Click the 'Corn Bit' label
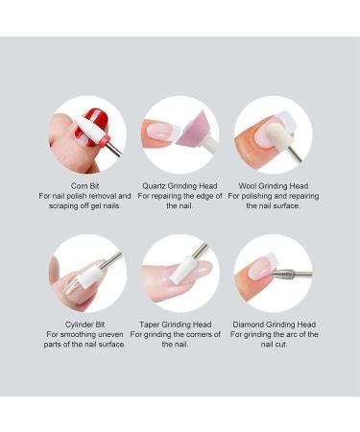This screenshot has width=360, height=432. coord(84,186)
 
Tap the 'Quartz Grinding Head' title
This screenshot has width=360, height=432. coord(180,186)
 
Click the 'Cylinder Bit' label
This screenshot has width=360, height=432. coord(84,324)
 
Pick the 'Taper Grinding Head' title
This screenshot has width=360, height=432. coord(180,324)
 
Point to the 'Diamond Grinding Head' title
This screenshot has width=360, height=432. coord(276,324)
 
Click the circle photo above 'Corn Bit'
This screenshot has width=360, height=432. coord(87,134)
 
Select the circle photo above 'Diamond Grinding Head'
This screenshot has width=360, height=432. coord(274,273)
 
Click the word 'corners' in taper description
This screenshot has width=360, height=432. coord(195,334)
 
